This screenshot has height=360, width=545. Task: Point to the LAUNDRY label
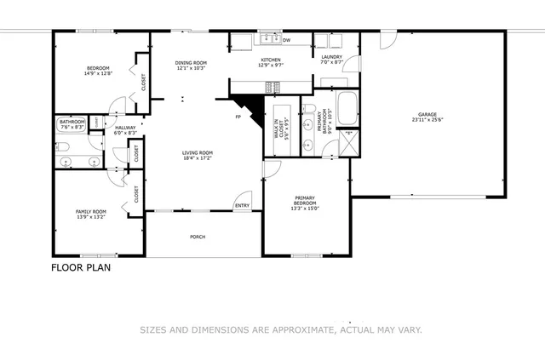tap(330, 60)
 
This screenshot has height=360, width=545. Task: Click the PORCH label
tap(198, 237)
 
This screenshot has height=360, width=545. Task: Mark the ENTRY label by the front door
tap(243, 205)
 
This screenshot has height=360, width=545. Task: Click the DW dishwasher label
tap(286, 40)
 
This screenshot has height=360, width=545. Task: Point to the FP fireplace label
tap(239, 117)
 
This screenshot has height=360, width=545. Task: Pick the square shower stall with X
tap(347, 141)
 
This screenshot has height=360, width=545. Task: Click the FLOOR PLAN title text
tap(81, 267)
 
